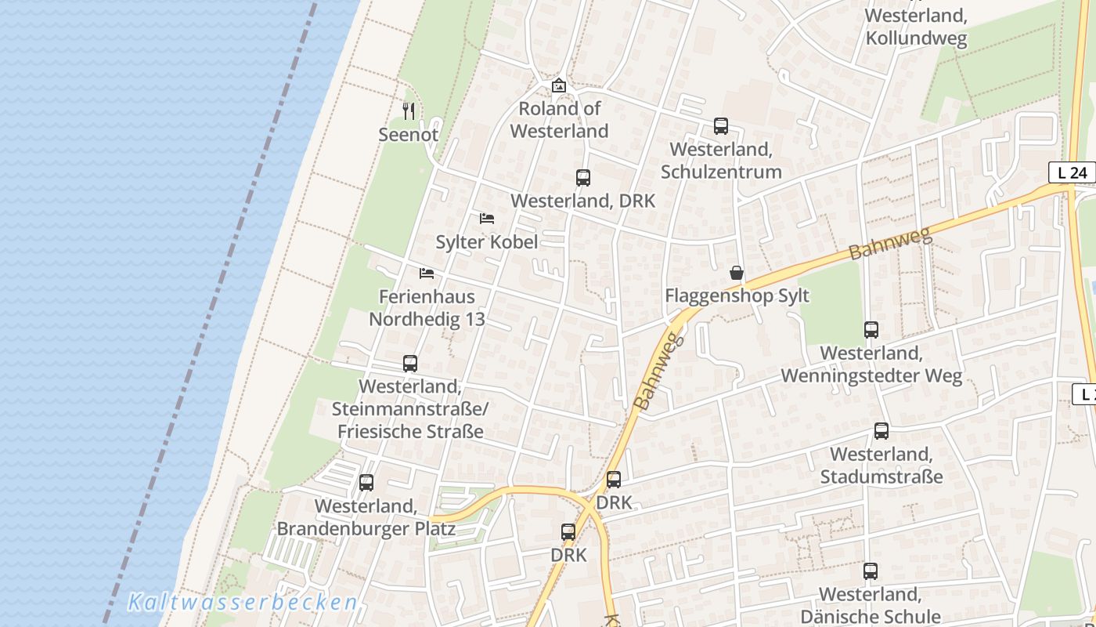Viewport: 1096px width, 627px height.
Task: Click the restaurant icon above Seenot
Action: [x=408, y=111]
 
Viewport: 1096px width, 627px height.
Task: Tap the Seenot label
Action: [x=408, y=135]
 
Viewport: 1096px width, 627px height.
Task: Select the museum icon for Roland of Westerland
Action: [x=558, y=85]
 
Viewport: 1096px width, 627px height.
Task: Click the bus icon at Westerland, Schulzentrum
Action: [x=720, y=126]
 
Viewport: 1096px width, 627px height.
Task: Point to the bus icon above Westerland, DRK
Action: [x=582, y=178]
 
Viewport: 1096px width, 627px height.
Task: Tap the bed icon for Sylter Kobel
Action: [x=486, y=219]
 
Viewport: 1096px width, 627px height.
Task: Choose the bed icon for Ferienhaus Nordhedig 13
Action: [x=427, y=274]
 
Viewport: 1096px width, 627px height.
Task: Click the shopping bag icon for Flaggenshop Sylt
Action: [x=736, y=273]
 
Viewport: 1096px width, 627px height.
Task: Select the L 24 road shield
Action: [x=1072, y=172]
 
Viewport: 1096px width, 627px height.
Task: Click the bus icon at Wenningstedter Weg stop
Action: [x=871, y=330]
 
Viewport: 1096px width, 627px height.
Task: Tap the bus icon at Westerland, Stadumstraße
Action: [x=881, y=431]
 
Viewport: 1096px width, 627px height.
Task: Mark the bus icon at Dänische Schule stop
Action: [x=870, y=571]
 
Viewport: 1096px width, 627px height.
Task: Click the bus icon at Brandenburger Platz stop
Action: [x=366, y=483]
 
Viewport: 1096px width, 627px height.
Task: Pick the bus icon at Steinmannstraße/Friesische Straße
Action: [x=409, y=364]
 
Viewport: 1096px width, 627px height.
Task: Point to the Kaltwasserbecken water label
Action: [x=243, y=603]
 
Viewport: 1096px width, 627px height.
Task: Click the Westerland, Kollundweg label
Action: [x=916, y=27]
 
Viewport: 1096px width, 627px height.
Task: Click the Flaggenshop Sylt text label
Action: [x=736, y=296]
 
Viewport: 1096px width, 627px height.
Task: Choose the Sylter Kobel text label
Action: [x=486, y=242]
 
